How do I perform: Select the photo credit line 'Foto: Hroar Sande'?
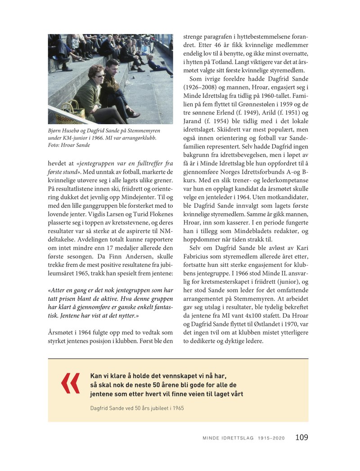click(x=69, y=145)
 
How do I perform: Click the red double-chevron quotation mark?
click(x=70, y=383)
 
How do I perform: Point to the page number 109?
click(x=301, y=437)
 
